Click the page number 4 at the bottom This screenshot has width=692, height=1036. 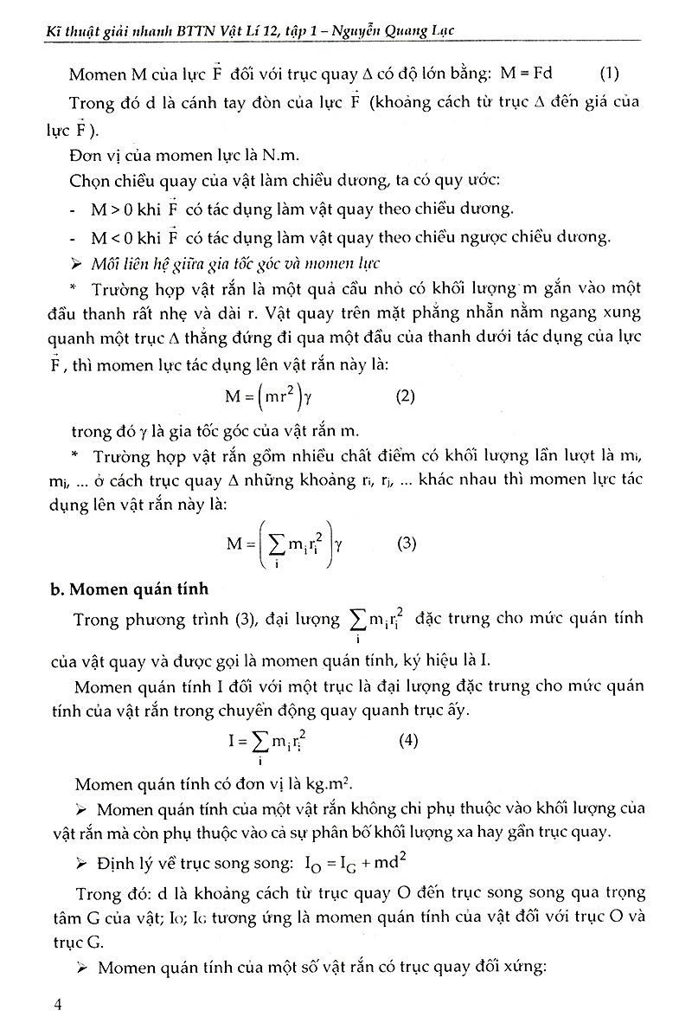[x=56, y=1004]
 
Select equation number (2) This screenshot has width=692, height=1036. [x=405, y=397]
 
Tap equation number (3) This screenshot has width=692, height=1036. [x=406, y=544]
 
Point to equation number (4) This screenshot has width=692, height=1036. [x=410, y=741]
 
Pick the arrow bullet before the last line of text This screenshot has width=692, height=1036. [x=82, y=968]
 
